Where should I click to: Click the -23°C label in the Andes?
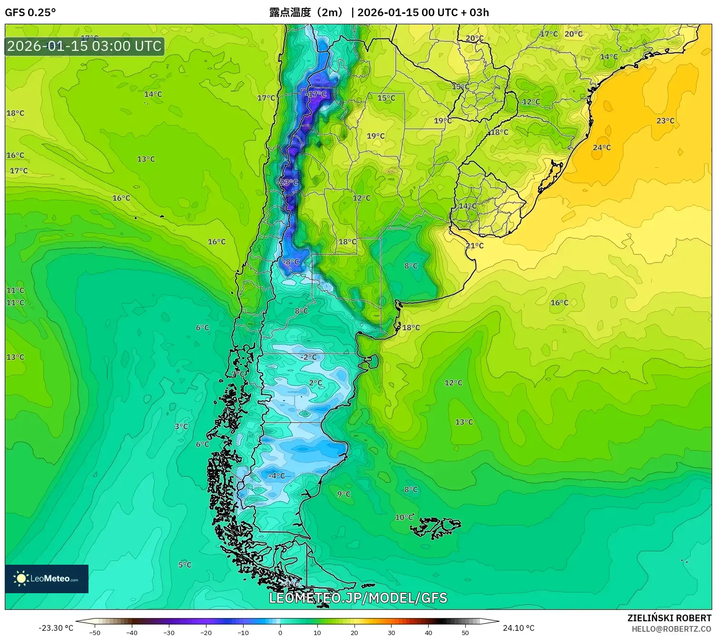pyautogui.click(x=289, y=183)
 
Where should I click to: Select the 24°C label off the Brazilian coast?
pyautogui.click(x=601, y=148)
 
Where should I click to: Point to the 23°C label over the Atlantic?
pyautogui.click(x=665, y=121)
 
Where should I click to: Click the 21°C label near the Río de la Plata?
pyautogui.click(x=474, y=246)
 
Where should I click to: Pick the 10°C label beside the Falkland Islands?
pyautogui.click(x=404, y=517)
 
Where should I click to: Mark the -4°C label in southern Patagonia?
pyautogui.click(x=276, y=476)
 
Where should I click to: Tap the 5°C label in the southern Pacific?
pyautogui.click(x=185, y=565)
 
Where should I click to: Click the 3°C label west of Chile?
pyautogui.click(x=181, y=426)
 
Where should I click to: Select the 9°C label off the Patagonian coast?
pyautogui.click(x=343, y=494)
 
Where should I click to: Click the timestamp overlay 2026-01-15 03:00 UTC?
pyautogui.click(x=85, y=46)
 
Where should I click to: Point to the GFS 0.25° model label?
pyautogui.click(x=30, y=12)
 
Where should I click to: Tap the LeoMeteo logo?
pyautogui.click(x=47, y=578)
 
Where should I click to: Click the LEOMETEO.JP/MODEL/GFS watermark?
pyautogui.click(x=358, y=598)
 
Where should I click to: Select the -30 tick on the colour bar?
pyautogui.click(x=169, y=632)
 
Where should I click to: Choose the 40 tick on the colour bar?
pyautogui.click(x=428, y=632)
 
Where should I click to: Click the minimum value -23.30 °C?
pyautogui.click(x=56, y=628)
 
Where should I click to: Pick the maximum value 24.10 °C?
pyautogui.click(x=519, y=628)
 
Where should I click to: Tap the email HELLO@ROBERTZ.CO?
pyautogui.click(x=671, y=629)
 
